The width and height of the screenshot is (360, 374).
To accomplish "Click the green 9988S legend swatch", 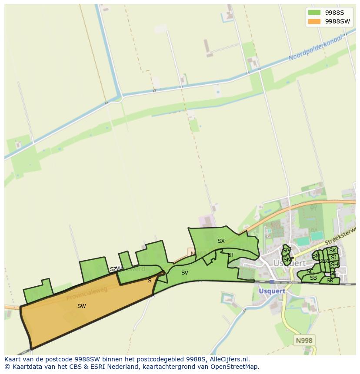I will tap(313, 12).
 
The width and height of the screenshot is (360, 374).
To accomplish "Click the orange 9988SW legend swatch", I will tap(313, 21).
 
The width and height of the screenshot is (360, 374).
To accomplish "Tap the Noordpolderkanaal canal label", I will tap(316, 48).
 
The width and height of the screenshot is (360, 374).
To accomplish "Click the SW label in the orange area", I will tap(81, 306).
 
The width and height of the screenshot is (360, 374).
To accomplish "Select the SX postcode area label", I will tap(221, 241).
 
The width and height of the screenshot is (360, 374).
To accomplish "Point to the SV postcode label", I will tap(185, 273).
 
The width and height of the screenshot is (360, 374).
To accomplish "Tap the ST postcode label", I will tap(231, 255).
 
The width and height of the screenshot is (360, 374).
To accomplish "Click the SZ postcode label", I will tap(113, 269).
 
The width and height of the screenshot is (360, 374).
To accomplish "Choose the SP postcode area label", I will tap(286, 251).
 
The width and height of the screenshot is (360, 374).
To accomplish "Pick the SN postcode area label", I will tap(287, 259).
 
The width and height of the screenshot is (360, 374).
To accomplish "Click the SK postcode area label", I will tap(333, 251).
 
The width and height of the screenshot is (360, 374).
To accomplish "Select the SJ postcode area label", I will tap(333, 258).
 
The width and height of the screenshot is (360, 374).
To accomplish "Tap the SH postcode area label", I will tap(334, 265).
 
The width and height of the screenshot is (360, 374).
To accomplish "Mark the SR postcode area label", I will tap(330, 281).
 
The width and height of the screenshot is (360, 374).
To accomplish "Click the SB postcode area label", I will tap(313, 278).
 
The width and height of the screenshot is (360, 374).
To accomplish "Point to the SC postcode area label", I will tap(310, 271).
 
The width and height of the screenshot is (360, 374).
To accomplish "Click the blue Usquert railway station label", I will tap(272, 291).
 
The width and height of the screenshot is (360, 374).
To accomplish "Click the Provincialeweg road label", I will tap(87, 294).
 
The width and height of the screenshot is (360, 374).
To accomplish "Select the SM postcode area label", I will tap(316, 256).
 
